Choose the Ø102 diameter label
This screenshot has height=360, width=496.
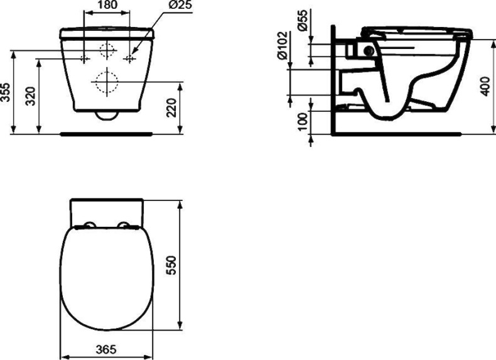coord(283,45)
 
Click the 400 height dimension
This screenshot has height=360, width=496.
coord(484,86)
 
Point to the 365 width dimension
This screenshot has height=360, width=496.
coord(105,349)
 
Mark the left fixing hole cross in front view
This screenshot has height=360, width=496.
coord(84,58)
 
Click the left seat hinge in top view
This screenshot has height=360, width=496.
coord(89,226)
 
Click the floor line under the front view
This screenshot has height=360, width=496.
coord(107,134)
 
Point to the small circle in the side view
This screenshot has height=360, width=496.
coord(369,51)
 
